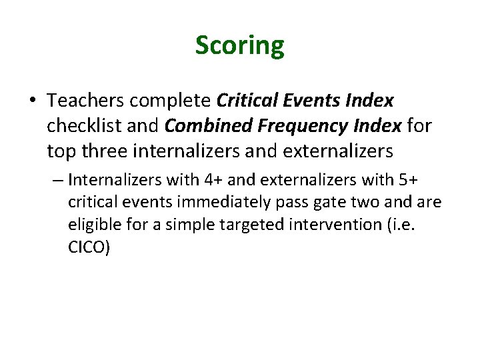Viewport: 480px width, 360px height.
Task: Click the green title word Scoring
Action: point(239,45)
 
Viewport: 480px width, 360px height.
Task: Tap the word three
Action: point(105,151)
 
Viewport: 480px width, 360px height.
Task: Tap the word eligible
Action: point(91,225)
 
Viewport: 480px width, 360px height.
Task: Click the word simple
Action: point(174,225)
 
